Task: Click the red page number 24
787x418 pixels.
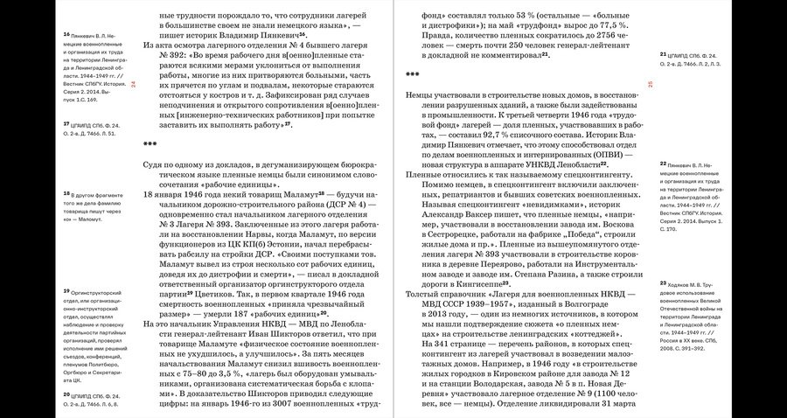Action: (134, 84)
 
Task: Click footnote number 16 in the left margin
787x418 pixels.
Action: (66, 34)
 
